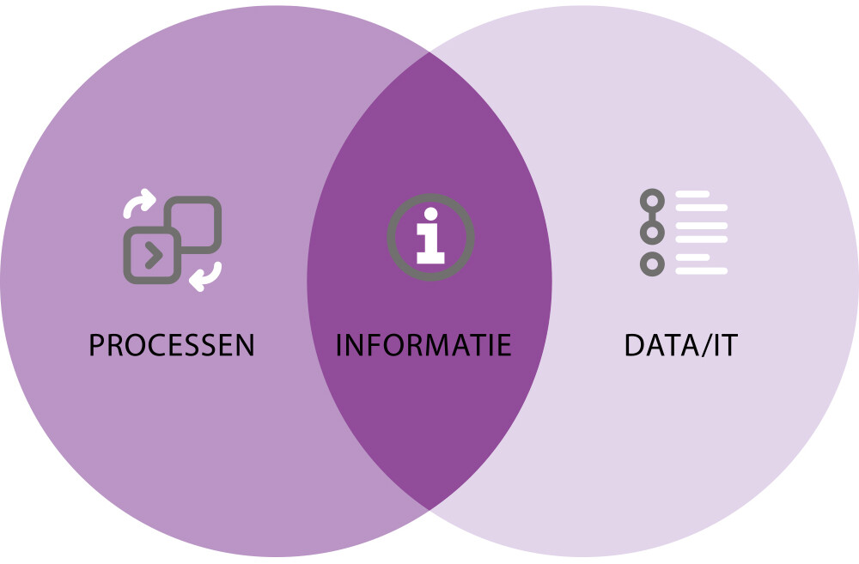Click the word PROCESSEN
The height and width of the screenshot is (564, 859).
click(172, 345)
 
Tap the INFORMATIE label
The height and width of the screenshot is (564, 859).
click(423, 345)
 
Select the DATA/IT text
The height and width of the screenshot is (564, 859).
click(681, 345)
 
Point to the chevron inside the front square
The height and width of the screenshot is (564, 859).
click(151, 255)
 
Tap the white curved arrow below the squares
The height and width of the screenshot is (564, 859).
click(206, 276)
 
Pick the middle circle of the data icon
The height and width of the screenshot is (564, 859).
click(653, 233)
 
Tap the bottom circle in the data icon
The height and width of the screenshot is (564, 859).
click(653, 264)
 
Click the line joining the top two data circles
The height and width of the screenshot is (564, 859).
click(653, 217)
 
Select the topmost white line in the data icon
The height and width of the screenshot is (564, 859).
click(692, 194)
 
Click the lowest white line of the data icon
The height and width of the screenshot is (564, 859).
click(701, 271)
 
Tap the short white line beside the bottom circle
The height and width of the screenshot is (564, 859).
click(692, 257)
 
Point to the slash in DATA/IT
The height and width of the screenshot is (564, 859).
click(705, 345)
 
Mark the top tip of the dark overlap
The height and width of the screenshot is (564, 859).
click(429, 54)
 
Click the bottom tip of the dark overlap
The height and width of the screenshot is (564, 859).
click(429, 509)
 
